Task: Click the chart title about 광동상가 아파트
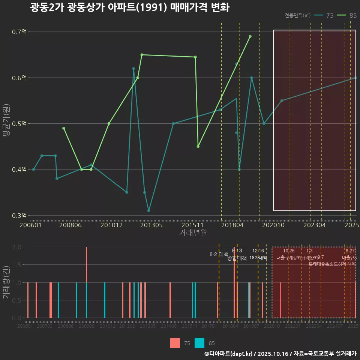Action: coord(129,7)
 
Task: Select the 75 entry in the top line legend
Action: coord(325,15)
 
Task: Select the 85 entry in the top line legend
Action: coord(347,15)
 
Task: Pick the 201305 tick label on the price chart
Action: coord(151,225)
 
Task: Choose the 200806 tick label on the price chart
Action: coord(71,225)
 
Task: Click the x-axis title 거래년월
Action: coord(193,232)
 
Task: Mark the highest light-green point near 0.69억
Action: coord(250,36)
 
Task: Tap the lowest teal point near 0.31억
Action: coord(148,211)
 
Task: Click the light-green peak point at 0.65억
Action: coord(142,55)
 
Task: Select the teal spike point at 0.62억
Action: coord(133,69)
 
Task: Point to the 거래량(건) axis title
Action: coord(6,282)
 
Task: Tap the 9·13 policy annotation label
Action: coord(237,250)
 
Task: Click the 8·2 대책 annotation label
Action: coord(219,254)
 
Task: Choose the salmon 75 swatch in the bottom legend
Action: coord(175,343)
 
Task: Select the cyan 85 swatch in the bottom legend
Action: coord(199,343)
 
